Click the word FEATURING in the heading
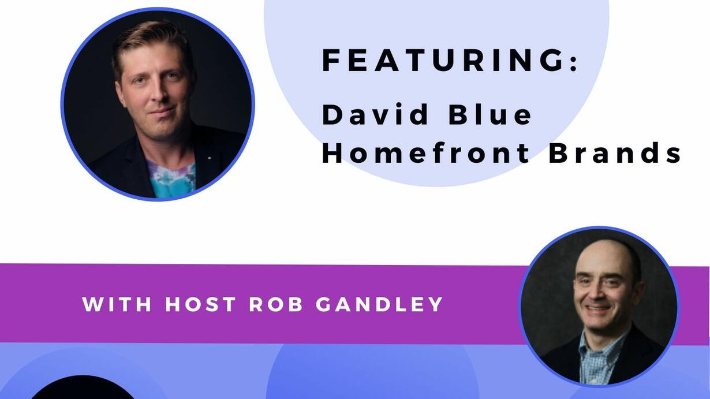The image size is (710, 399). (443, 60)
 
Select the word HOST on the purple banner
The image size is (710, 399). (200, 304)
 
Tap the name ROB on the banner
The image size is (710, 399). (276, 304)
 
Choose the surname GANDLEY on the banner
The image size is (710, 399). (379, 304)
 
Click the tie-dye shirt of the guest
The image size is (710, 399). (171, 178)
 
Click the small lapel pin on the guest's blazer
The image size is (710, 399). (208, 157)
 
